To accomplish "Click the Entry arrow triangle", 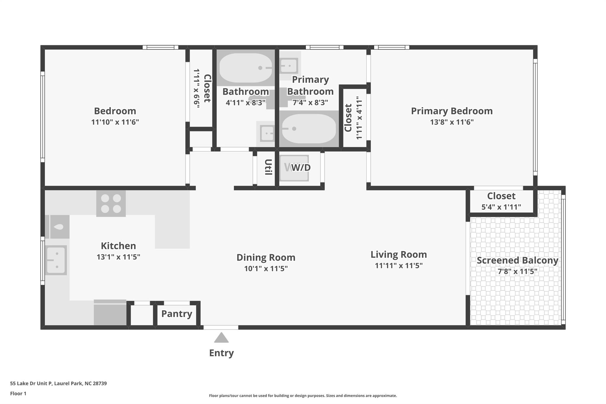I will point(221,338).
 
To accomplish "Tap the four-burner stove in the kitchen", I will point(111,203).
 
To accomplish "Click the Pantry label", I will point(177,314).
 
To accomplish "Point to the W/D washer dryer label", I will point(301,168).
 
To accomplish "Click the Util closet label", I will point(268,167).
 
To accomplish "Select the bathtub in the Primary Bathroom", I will point(309,129).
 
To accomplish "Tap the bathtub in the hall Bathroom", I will point(246,68).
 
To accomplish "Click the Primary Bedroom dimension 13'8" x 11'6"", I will point(452,122).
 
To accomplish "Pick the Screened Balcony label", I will point(517,260).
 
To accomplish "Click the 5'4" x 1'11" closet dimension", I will point(501,207).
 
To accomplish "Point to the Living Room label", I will point(399,255).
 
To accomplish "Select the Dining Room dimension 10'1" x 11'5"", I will point(266,268).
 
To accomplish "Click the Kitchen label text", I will point(118,246).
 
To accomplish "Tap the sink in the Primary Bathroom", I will point(289,65).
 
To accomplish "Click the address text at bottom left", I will point(58,383).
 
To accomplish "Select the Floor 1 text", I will point(18,393).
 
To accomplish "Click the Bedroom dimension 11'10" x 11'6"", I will point(115,122).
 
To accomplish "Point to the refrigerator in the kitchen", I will point(110,313).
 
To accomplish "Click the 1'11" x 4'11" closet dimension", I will point(359,118).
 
